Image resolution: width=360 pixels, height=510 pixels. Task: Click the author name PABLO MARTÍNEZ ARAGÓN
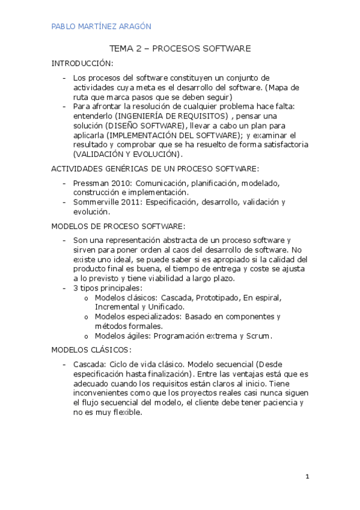click(101, 26)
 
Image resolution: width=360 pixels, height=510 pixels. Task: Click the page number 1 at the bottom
click(307, 477)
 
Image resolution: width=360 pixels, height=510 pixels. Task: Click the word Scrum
click(260, 336)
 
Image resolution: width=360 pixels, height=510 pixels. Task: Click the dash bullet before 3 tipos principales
click(65, 288)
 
